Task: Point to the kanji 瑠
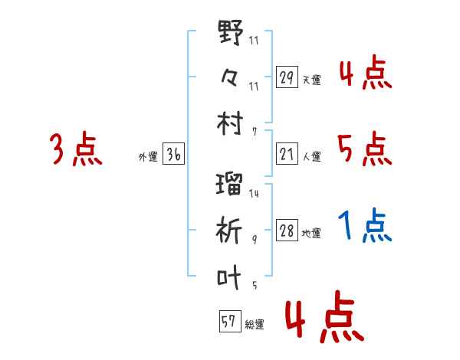tap(230, 185)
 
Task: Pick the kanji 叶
tap(230, 277)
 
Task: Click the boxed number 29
tap(287, 77)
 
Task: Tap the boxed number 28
tap(287, 231)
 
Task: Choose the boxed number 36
tap(172, 155)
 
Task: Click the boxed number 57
tap(228, 322)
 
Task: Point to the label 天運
tap(311, 80)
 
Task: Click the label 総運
tap(254, 324)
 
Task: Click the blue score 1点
tap(365, 225)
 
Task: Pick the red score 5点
tap(365, 148)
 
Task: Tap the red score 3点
tap(76, 149)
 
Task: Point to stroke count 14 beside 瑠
tap(254, 194)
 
